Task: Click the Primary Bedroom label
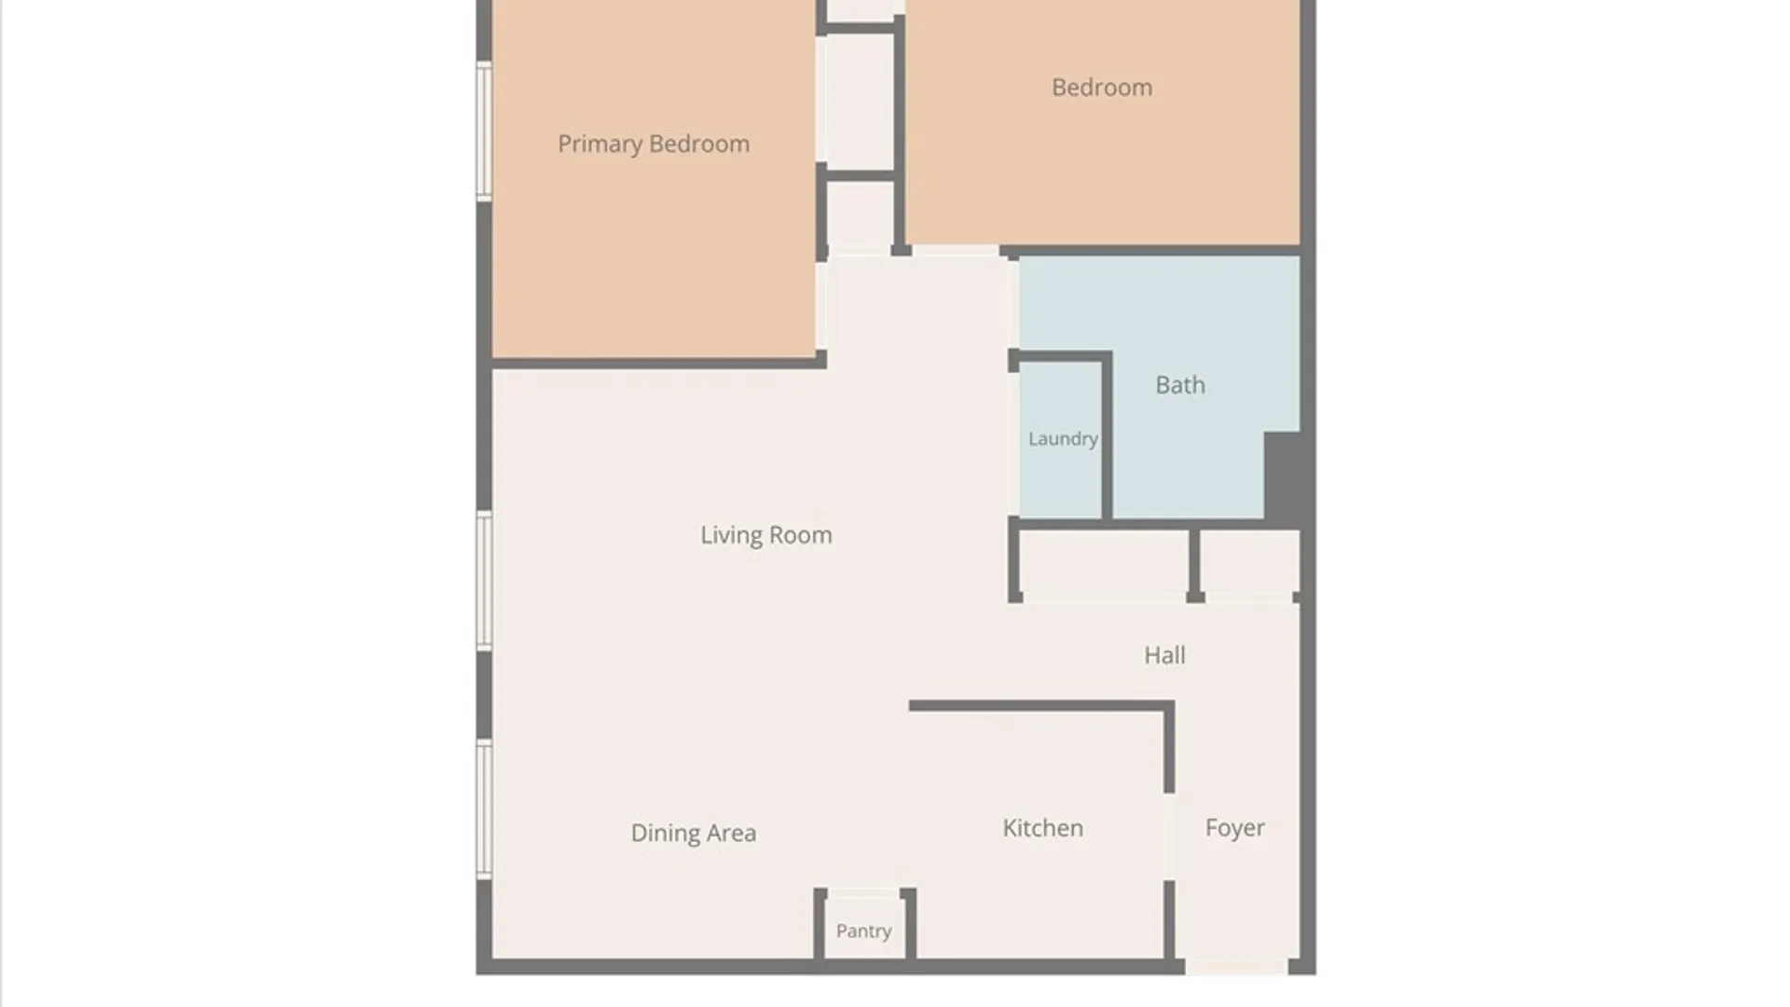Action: [654, 145]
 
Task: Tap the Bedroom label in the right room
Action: [1102, 87]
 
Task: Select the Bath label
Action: [1180, 384]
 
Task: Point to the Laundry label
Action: [1063, 439]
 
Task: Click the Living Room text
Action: [766, 535]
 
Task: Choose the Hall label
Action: [1165, 655]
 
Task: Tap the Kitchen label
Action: [1043, 828]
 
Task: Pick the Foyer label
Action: [1235, 828]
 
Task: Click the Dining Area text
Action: [694, 833]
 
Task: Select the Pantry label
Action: [864, 931]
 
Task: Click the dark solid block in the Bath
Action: [1283, 478]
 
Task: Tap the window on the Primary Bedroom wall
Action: [484, 131]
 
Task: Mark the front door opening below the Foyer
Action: [1236, 968]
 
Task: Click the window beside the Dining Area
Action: [484, 808]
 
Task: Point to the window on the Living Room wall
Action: [484, 580]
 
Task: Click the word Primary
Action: [600, 145]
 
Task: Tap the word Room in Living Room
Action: [801, 535]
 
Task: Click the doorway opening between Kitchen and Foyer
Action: [1169, 836]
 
